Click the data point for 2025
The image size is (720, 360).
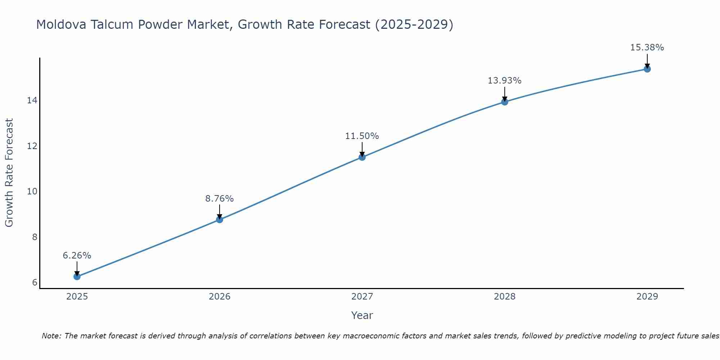point(77,276)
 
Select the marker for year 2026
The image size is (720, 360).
point(219,219)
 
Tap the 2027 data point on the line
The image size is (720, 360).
point(362,157)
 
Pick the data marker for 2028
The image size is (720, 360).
point(504,102)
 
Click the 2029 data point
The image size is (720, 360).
point(647,69)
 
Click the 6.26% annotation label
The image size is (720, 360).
point(77,256)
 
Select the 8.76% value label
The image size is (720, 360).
point(219,198)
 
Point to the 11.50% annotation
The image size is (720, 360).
point(362,136)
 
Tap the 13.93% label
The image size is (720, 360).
point(504,81)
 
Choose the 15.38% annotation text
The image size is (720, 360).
point(647,48)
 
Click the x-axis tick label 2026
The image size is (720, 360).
point(219,297)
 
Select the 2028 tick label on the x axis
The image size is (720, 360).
point(504,297)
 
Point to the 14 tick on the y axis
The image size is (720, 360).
point(32,100)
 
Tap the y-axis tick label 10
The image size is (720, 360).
point(32,192)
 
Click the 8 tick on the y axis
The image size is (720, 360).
point(35,237)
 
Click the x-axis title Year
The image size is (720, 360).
point(362,315)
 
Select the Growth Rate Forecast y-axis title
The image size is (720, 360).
point(9,173)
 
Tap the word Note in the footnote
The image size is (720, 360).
point(51,336)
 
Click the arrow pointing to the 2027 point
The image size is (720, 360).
point(362,149)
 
